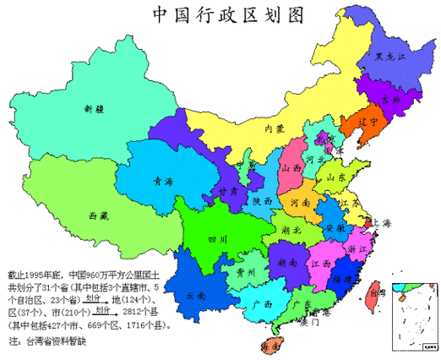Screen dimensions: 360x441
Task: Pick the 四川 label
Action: coord(218,240)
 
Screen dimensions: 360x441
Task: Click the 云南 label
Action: coord(196,296)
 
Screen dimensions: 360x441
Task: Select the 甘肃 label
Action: coord(225,192)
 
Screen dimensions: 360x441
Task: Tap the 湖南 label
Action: coord(286,263)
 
